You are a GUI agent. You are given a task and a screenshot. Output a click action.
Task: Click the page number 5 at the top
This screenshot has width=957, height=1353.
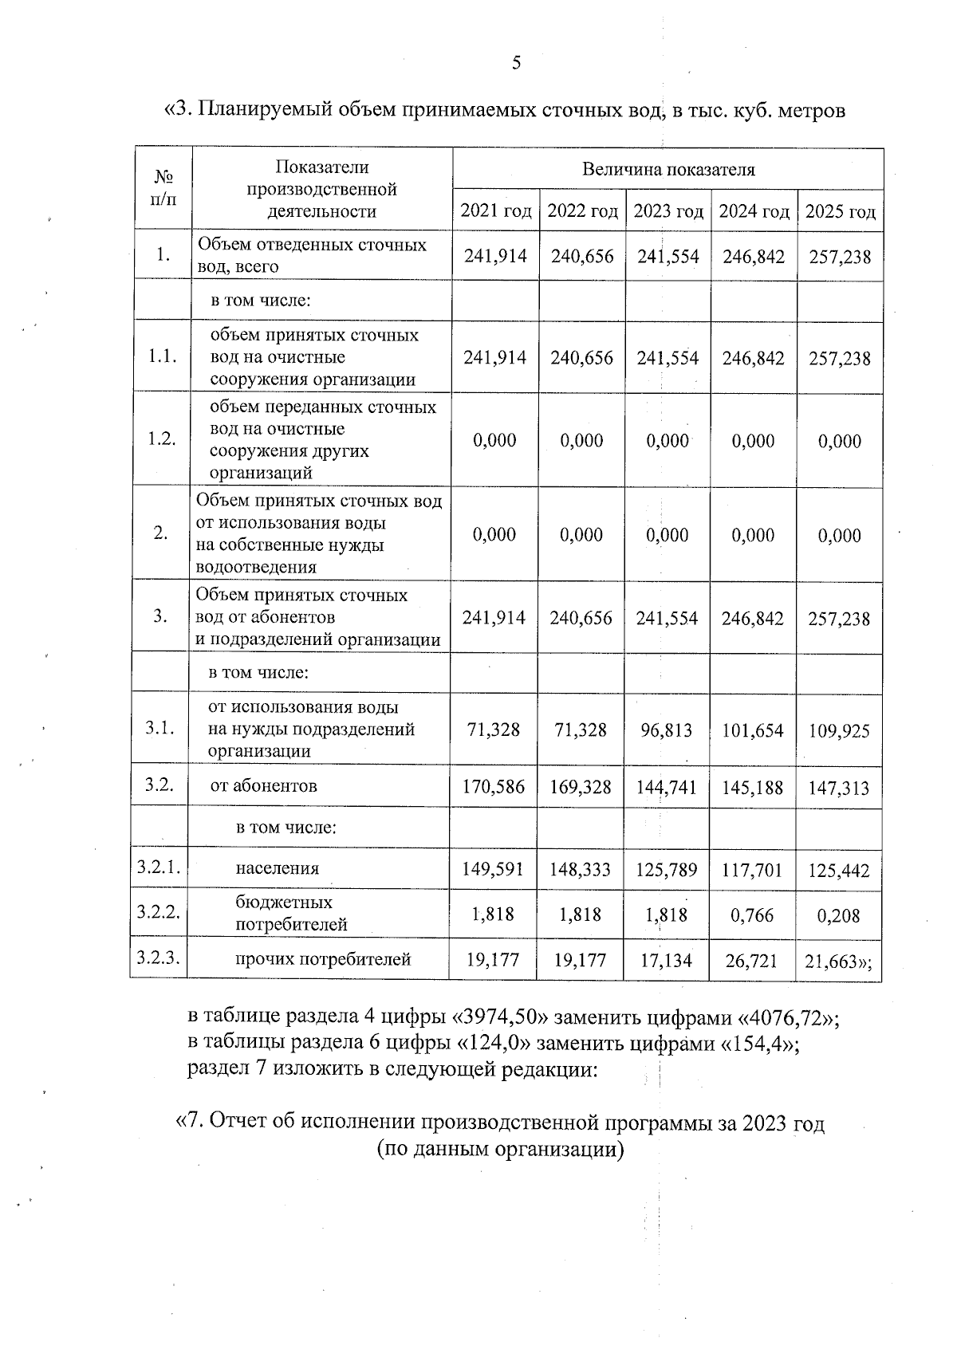(x=516, y=63)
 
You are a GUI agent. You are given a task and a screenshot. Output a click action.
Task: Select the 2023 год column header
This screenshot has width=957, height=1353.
(x=668, y=211)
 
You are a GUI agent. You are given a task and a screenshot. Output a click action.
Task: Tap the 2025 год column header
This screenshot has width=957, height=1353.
(x=840, y=211)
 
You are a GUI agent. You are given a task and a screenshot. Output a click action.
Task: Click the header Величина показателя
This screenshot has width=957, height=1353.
(x=668, y=169)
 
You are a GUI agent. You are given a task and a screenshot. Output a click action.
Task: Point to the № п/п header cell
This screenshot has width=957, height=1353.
(x=163, y=189)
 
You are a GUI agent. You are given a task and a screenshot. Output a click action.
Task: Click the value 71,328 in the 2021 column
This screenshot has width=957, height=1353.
(x=494, y=730)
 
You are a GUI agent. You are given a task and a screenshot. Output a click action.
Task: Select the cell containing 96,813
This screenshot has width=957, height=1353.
(x=667, y=730)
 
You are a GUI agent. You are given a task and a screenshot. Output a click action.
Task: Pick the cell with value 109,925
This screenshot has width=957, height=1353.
(x=839, y=730)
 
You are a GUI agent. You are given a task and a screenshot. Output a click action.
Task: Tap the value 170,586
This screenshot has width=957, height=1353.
(x=494, y=787)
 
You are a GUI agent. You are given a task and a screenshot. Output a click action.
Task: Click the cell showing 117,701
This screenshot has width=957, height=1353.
(x=753, y=869)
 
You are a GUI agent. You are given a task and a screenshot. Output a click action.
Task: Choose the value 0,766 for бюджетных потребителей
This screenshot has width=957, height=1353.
(x=753, y=914)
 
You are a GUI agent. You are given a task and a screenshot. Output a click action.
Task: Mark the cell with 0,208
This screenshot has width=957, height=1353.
(x=839, y=915)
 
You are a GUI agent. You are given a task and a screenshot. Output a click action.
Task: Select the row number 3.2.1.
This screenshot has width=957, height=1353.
(x=159, y=868)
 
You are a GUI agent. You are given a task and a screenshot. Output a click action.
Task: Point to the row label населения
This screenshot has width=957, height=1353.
(x=277, y=868)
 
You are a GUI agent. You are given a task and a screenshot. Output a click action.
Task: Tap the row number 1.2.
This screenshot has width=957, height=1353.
(x=163, y=439)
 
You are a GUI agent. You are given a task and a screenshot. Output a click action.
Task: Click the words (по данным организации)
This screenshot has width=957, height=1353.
(x=499, y=1149)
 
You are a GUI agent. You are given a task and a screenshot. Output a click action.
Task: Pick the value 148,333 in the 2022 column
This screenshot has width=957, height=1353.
(x=580, y=869)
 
